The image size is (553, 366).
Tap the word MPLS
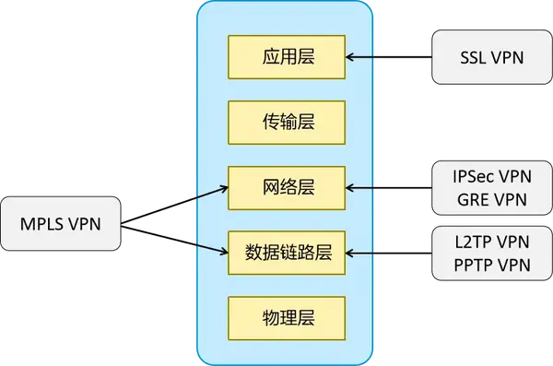44,222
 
